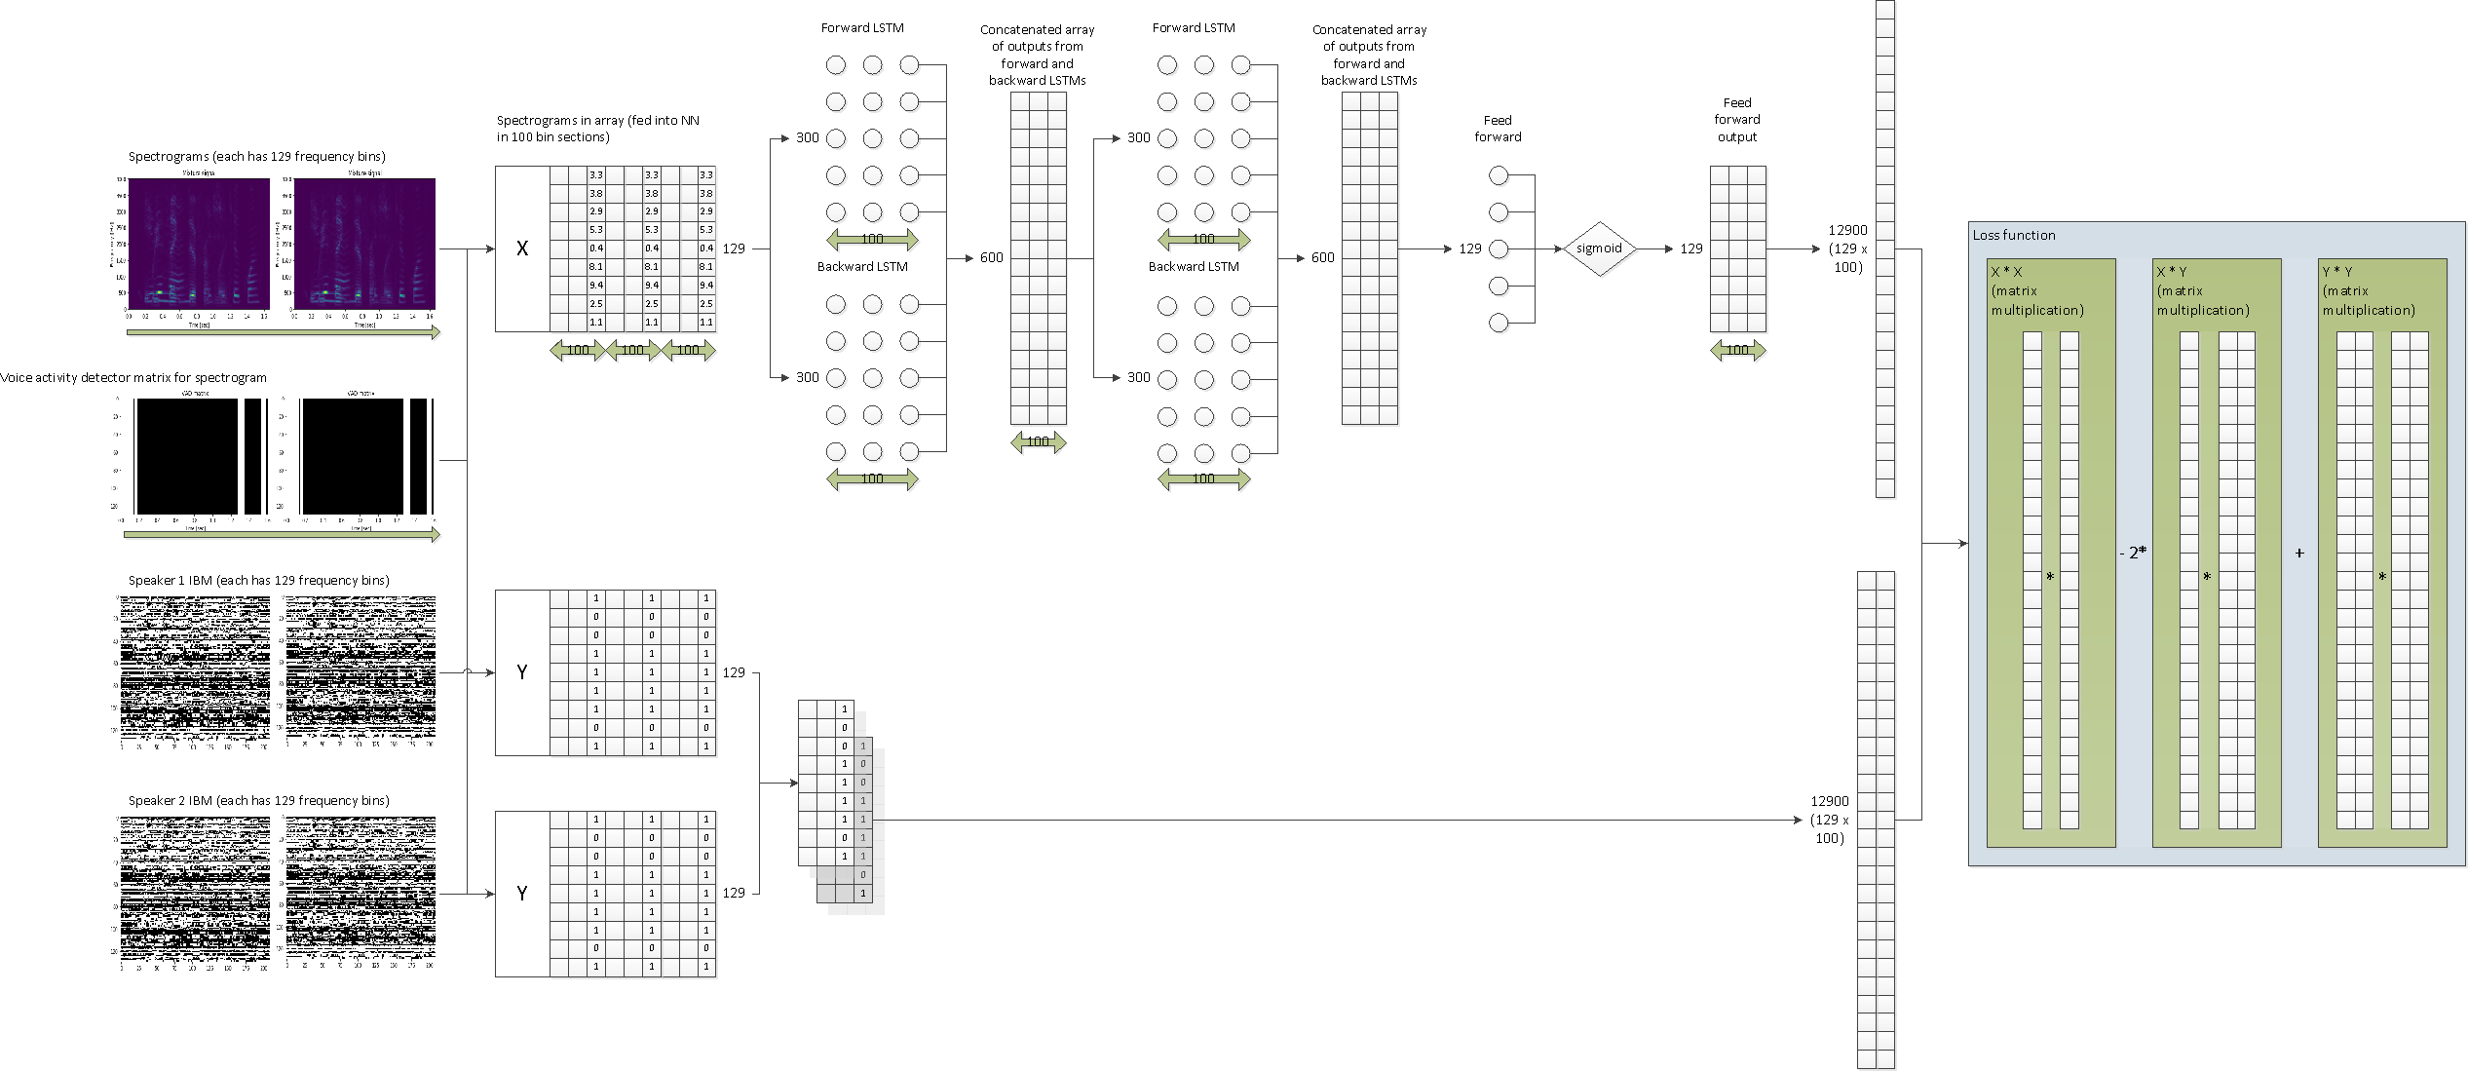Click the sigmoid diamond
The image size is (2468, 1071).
(x=1599, y=249)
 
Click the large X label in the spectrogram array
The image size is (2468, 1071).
(x=522, y=249)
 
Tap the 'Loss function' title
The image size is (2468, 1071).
(x=2014, y=235)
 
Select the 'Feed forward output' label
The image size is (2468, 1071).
(x=1737, y=120)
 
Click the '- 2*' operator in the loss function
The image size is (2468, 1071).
(x=2133, y=553)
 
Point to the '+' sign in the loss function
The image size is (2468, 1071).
(x=2299, y=553)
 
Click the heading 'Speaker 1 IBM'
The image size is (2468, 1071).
(x=258, y=580)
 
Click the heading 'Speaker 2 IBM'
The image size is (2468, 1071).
(x=258, y=800)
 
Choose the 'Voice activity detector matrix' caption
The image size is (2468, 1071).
(x=133, y=377)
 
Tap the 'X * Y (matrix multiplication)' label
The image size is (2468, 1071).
(x=2202, y=290)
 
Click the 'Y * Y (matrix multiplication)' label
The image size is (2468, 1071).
(x=2368, y=290)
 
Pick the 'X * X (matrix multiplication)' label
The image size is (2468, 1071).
(x=2036, y=290)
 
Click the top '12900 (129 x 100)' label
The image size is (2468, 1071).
(x=1847, y=249)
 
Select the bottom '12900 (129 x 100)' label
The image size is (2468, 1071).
(x=1830, y=820)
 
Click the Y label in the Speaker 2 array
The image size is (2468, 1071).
(x=522, y=894)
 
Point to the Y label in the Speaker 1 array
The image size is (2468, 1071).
(x=522, y=672)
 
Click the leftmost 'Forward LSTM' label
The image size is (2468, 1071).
(x=862, y=28)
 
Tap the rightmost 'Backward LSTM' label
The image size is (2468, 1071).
(x=1194, y=266)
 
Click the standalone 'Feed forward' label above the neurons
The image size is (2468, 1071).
(x=1498, y=129)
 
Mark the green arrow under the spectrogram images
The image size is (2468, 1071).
(x=283, y=332)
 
